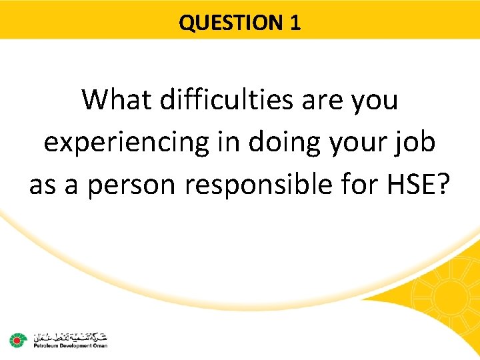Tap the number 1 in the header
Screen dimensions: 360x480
(x=295, y=23)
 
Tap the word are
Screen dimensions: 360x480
(x=324, y=101)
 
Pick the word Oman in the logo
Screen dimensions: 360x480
(x=99, y=345)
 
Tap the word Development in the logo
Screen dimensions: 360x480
(x=72, y=345)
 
